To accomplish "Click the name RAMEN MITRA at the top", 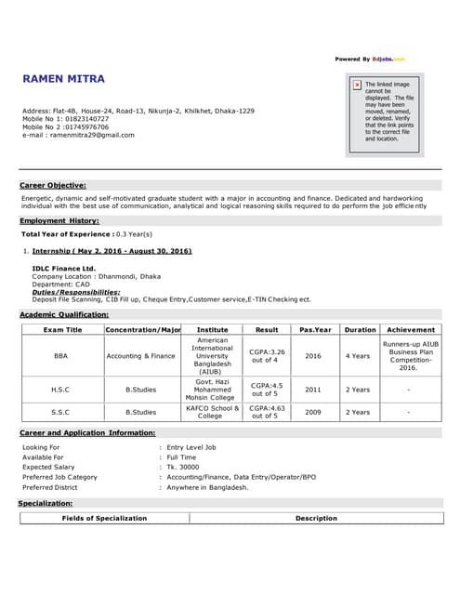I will tap(63, 79).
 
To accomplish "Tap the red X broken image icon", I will tap(357, 85).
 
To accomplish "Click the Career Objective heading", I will tap(53, 185).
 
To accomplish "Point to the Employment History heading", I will tap(59, 220).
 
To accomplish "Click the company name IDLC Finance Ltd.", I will tap(64, 269).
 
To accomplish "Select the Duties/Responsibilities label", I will tap(76, 292).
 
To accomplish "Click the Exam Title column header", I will tap(62, 329).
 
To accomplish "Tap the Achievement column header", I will tap(410, 329).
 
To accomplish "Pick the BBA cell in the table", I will tap(61, 355).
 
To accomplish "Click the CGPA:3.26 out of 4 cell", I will tap(267, 355).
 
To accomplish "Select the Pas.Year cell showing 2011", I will tap(313, 390).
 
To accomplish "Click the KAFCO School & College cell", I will tap(213, 411).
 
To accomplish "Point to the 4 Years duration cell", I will tap(358, 355).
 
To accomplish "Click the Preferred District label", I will tap(50, 486).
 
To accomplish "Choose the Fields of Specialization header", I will tap(104, 518).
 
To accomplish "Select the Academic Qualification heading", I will tap(64, 315).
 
